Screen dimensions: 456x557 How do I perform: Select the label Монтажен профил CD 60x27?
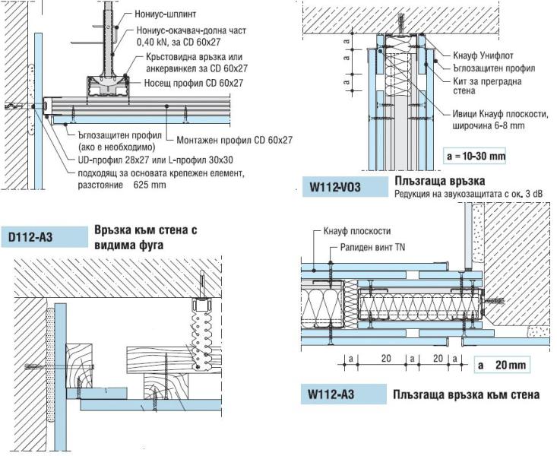tap(234, 140)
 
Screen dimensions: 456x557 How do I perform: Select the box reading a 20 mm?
tap(502, 365)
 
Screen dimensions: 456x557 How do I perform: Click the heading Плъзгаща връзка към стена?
tap(466, 394)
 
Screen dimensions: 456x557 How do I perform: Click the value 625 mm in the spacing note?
tap(149, 184)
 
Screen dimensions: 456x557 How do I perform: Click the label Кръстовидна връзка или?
tap(191, 58)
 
